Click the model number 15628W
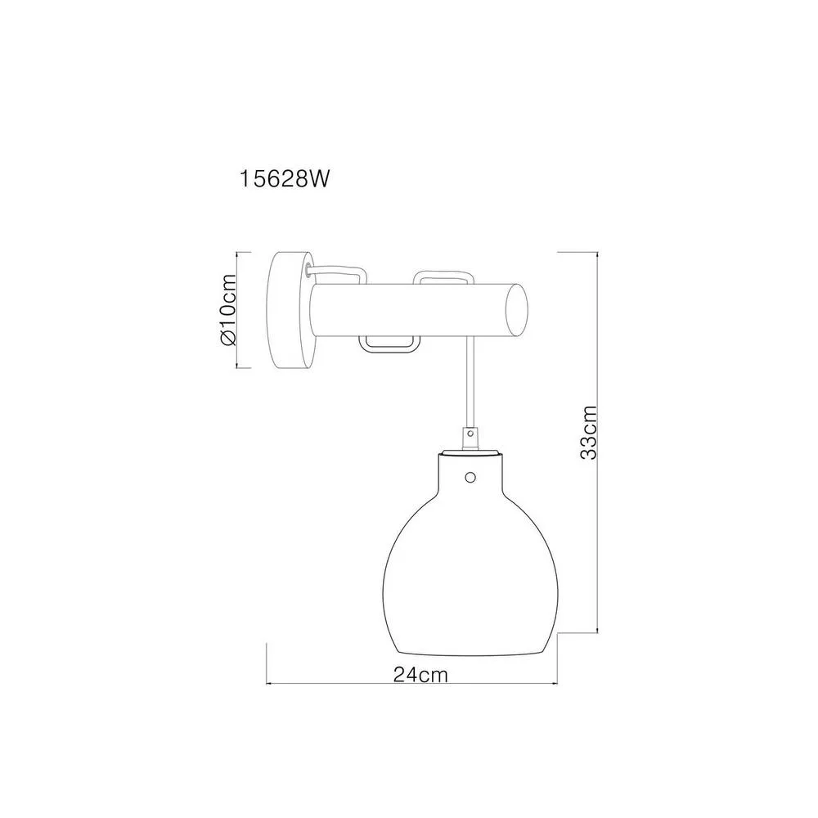click(285, 179)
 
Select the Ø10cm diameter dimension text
click(228, 310)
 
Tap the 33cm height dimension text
click(588, 433)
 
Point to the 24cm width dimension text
click(420, 675)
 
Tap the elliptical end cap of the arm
click(515, 310)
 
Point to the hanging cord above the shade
click(471, 383)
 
